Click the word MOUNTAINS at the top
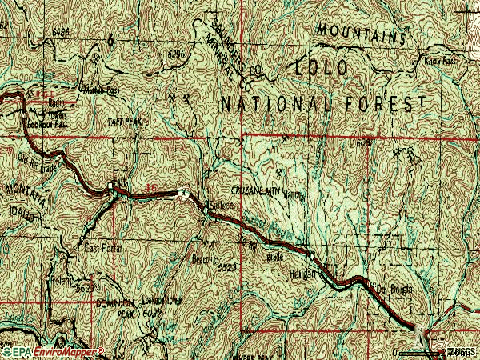(358, 33)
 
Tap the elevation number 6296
(178, 54)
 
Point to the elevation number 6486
(60, 33)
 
